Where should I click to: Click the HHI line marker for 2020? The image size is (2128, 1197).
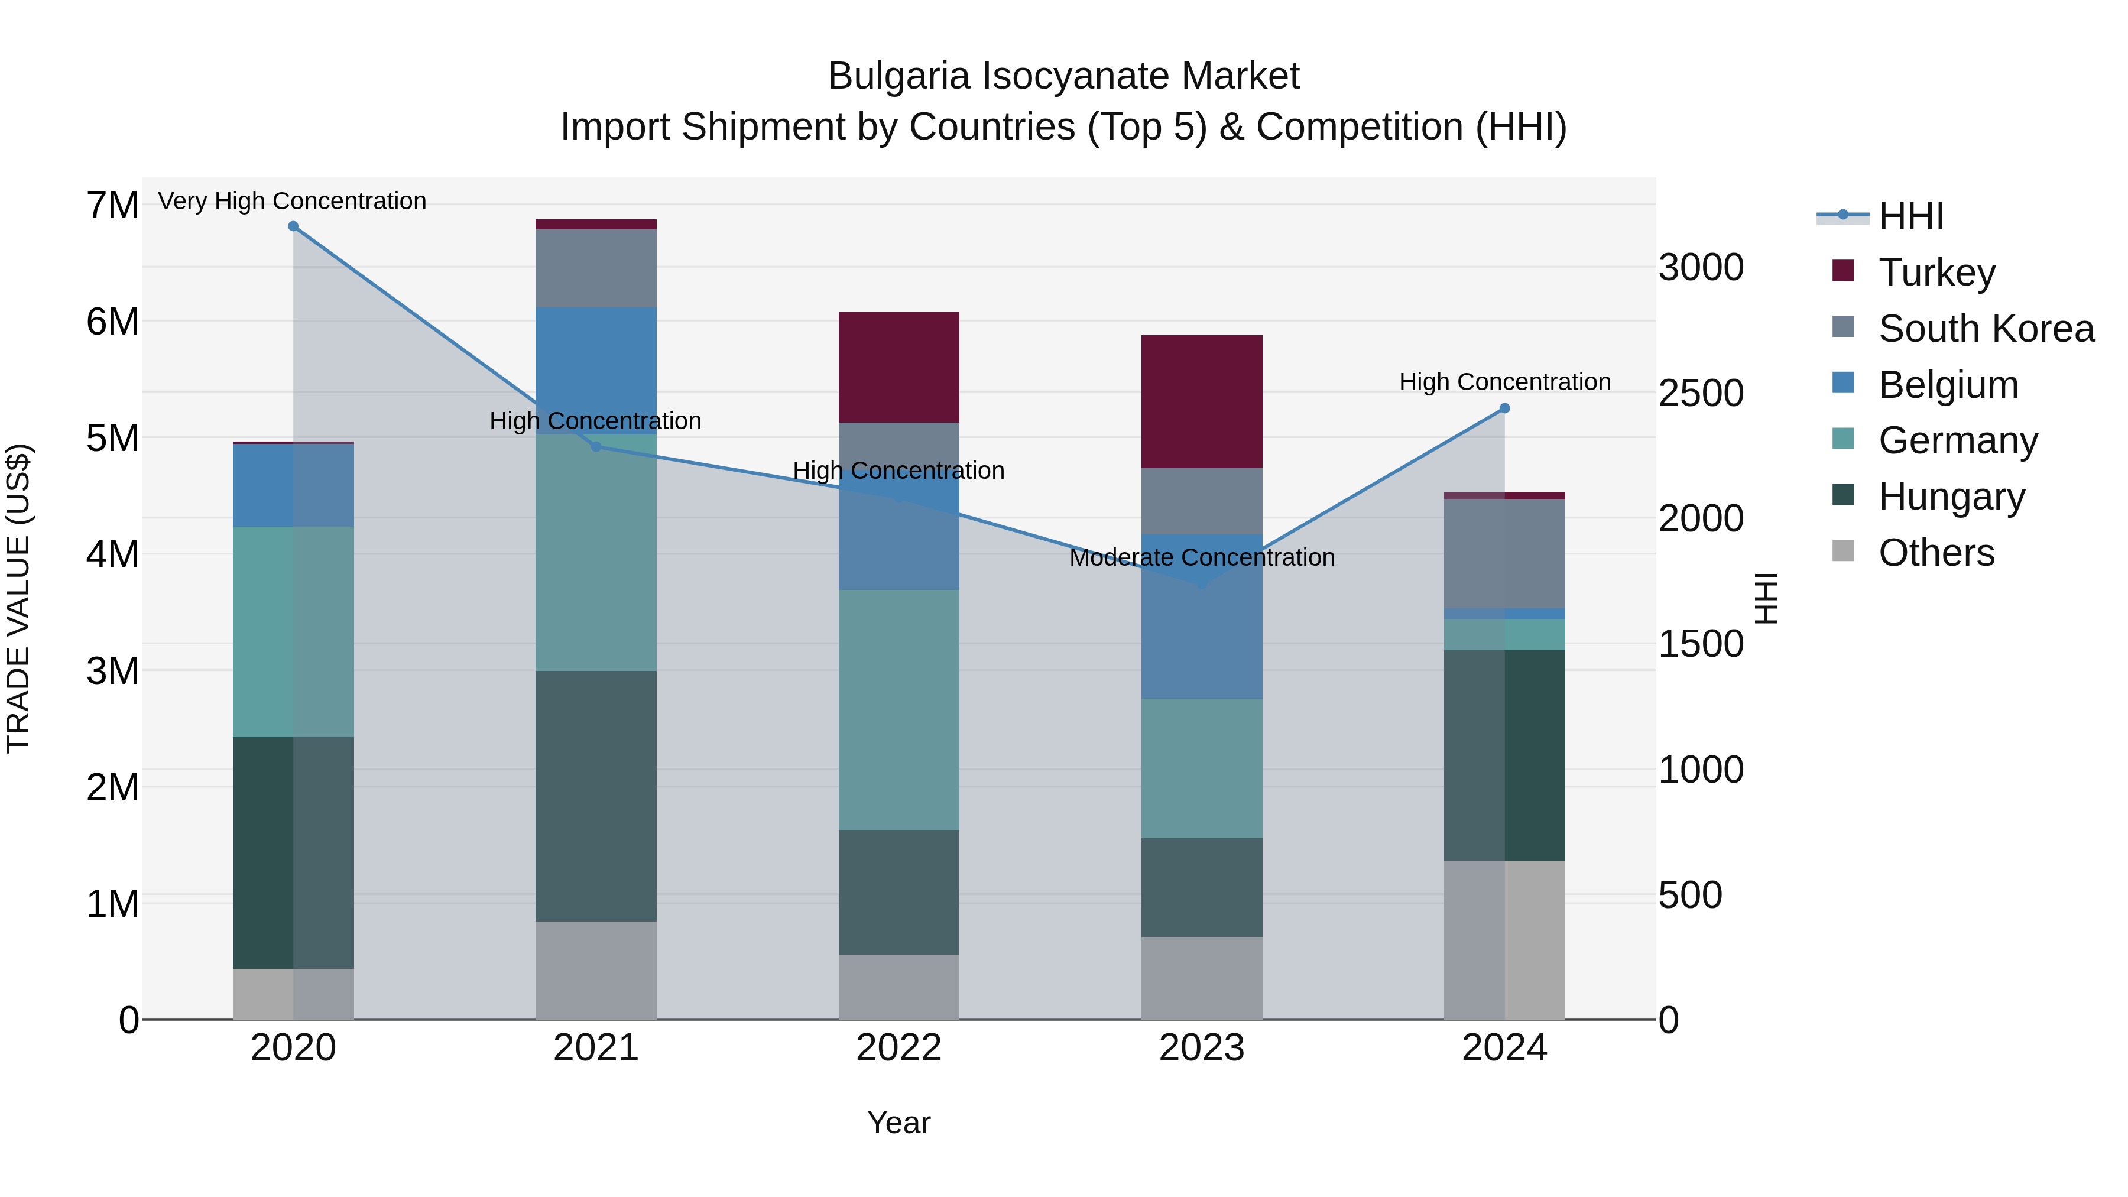pyautogui.click(x=293, y=226)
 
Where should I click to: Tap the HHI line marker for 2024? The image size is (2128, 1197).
pyautogui.click(x=1504, y=408)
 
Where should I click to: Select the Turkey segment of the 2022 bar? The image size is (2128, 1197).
pyautogui.click(x=898, y=368)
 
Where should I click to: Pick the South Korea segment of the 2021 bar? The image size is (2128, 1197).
pyautogui.click(x=596, y=268)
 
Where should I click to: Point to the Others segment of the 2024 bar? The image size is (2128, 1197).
pyautogui.click(x=1504, y=940)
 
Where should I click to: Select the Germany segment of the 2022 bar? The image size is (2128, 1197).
pyautogui.click(x=898, y=709)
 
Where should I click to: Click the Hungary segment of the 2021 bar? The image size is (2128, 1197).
pyautogui.click(x=596, y=796)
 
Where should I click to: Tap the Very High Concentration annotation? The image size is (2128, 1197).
pyautogui.click(x=293, y=202)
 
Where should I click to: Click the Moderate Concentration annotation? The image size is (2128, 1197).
pyautogui.click(x=1202, y=557)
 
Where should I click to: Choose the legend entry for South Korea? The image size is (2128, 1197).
pyautogui.click(x=1986, y=329)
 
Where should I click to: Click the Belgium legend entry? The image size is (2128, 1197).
pyautogui.click(x=1948, y=385)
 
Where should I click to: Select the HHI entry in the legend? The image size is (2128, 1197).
pyautogui.click(x=1910, y=216)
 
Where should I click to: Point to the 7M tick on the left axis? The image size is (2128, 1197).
pyautogui.click(x=112, y=205)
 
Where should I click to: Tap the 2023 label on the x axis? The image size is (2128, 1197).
pyautogui.click(x=1202, y=1048)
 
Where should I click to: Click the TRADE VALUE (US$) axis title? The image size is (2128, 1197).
pyautogui.click(x=19, y=598)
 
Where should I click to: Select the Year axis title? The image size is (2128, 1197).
pyautogui.click(x=898, y=1123)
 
